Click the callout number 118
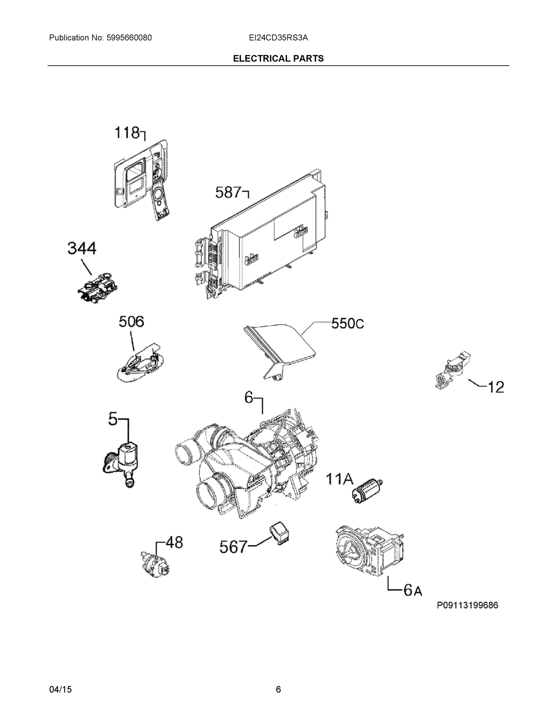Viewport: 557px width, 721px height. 127,133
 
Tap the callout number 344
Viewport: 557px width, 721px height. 82,248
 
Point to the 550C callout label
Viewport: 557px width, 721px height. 347,324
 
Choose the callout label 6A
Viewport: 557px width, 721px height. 413,590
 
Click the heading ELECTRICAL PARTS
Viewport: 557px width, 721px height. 278,59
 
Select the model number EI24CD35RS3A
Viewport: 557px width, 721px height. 278,38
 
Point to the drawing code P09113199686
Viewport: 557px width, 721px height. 467,605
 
